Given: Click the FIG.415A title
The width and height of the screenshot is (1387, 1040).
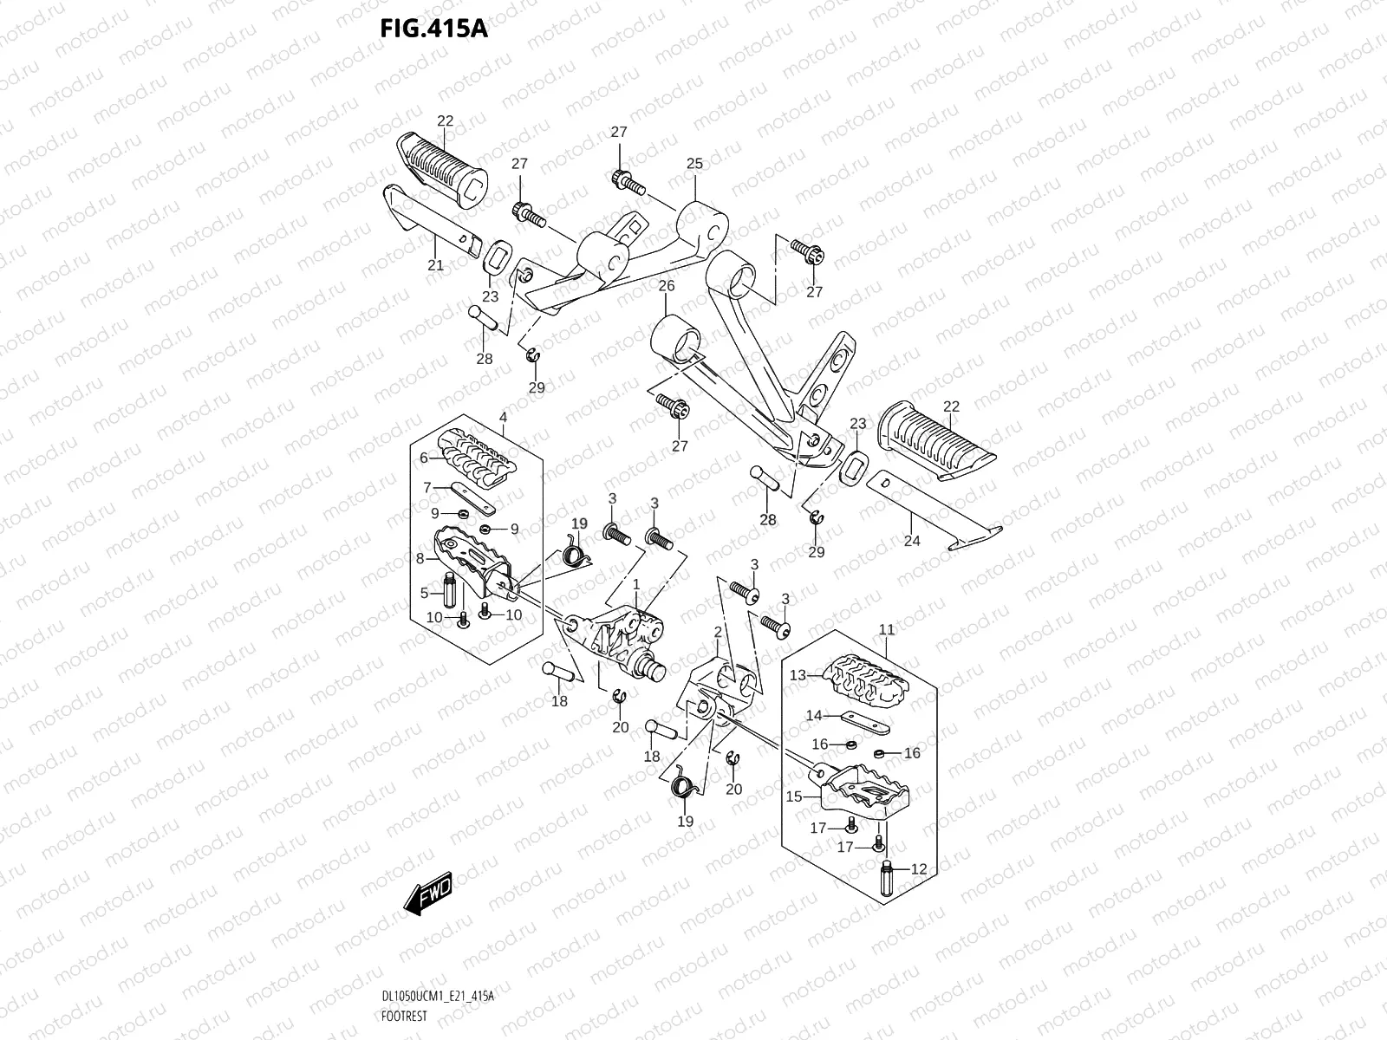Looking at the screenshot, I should click(x=434, y=29).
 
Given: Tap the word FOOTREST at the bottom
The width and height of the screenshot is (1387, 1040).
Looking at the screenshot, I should click(x=404, y=1012).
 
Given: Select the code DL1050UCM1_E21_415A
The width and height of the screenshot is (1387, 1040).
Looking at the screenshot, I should click(x=437, y=996).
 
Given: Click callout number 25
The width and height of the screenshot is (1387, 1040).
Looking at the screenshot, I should click(x=694, y=164).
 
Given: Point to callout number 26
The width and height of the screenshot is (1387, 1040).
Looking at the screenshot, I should click(x=666, y=285).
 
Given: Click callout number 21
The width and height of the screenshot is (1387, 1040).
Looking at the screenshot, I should click(x=435, y=265).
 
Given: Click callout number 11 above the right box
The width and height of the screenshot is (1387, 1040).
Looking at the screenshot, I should click(x=886, y=630).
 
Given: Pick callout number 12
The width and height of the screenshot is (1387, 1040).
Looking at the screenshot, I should click(x=919, y=868).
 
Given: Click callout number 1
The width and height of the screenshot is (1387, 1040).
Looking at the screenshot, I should click(x=635, y=586).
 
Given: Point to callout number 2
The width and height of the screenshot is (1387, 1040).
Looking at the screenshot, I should click(x=718, y=634).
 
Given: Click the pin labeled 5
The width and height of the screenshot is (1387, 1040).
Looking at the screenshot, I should click(x=450, y=593).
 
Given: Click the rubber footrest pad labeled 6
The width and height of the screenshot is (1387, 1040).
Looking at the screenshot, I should click(x=477, y=458).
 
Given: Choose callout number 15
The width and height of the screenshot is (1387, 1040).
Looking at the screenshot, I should click(x=794, y=796).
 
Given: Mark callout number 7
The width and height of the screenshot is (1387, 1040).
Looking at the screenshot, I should click(x=427, y=488).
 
